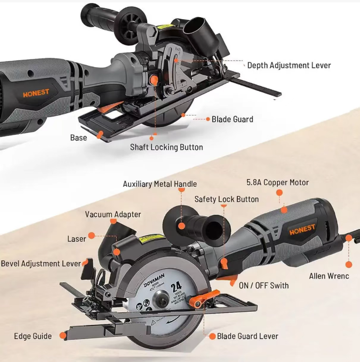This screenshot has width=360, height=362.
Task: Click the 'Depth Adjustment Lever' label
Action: (x=289, y=65)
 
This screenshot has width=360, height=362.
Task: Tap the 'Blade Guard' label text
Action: (x=232, y=119)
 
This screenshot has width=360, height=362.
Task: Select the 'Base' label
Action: (x=79, y=137)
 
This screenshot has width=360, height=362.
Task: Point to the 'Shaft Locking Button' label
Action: (x=167, y=147)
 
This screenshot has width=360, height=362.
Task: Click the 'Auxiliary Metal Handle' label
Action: (x=159, y=184)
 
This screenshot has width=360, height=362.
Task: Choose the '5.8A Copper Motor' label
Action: (x=277, y=182)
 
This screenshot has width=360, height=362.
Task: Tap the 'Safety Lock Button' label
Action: (x=226, y=199)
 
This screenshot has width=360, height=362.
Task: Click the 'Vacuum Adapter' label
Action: (x=113, y=215)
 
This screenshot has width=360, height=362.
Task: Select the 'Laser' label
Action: (x=77, y=238)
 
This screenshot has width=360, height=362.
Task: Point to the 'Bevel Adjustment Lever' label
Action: (x=41, y=263)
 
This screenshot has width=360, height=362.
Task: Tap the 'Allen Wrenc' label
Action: (x=331, y=276)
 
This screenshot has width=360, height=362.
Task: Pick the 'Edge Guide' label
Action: (x=33, y=336)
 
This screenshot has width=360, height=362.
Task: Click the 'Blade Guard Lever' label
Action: (x=247, y=336)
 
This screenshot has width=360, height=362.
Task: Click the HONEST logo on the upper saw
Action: (x=36, y=94)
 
